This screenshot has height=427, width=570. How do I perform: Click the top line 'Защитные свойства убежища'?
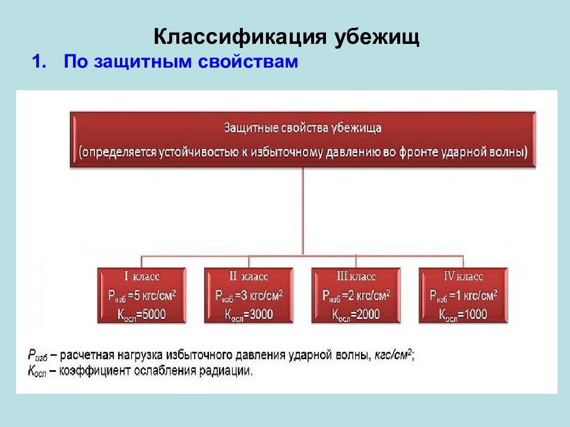pyautogui.click(x=303, y=128)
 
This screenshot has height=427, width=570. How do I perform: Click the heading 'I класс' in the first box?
pyautogui.click(x=141, y=276)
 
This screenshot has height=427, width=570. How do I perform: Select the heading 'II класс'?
pyautogui.click(x=248, y=276)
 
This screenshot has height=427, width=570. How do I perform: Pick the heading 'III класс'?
pyautogui.click(x=356, y=276)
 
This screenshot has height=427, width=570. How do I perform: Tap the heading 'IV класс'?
pyautogui.click(x=463, y=276)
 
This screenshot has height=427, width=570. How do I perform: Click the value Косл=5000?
pyautogui.click(x=141, y=314)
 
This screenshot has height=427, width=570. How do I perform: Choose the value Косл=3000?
pyautogui.click(x=248, y=314)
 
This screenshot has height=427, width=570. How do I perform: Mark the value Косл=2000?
pyautogui.click(x=356, y=314)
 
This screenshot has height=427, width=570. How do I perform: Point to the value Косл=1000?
pyautogui.click(x=463, y=314)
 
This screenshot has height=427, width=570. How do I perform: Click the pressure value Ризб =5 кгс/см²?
pyautogui.click(x=141, y=295)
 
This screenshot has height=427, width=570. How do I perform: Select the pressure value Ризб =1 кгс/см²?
pyautogui.click(x=463, y=295)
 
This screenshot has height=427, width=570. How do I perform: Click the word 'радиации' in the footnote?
pyautogui.click(x=228, y=371)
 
